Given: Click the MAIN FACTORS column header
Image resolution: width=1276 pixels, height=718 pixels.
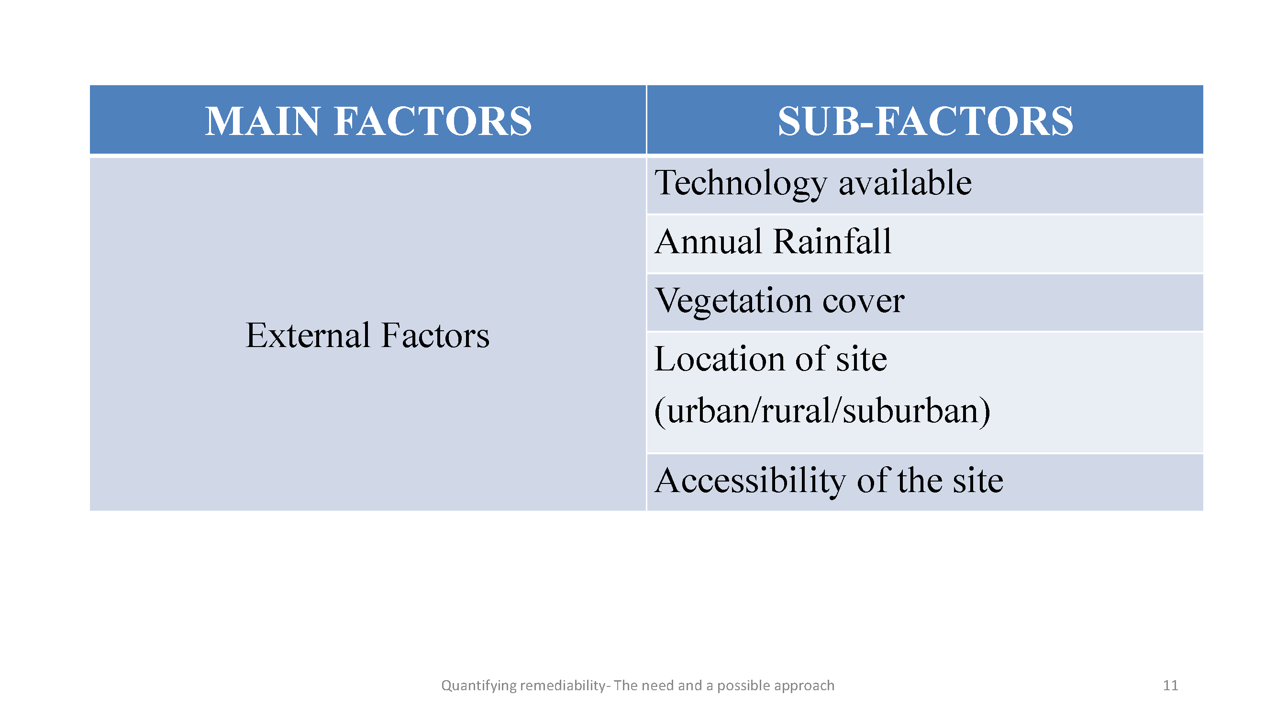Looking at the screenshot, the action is pyautogui.click(x=368, y=121).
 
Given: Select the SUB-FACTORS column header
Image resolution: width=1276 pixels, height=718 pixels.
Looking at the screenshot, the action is pyautogui.click(x=925, y=121).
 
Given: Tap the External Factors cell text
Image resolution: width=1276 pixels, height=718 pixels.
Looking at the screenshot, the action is pyautogui.click(x=367, y=336).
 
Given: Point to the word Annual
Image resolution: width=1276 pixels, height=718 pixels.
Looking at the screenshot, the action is pyautogui.click(x=709, y=242).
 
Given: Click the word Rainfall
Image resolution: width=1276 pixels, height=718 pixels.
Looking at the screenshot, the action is pyautogui.click(x=832, y=242).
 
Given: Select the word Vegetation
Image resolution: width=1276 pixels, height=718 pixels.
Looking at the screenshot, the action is pyautogui.click(x=733, y=301).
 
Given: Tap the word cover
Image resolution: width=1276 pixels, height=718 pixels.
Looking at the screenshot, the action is pyautogui.click(x=864, y=301).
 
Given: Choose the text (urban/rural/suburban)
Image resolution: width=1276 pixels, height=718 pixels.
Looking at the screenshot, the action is pyautogui.click(x=822, y=411).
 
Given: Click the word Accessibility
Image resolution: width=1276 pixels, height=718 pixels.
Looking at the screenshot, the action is pyautogui.click(x=750, y=482).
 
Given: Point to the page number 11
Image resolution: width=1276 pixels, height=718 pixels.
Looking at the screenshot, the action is pyautogui.click(x=1170, y=685).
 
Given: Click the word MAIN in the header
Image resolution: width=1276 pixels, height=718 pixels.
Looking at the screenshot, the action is pyautogui.click(x=263, y=121).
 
